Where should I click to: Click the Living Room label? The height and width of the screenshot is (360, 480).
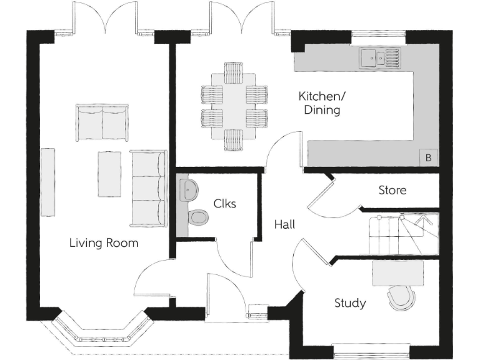(x=104, y=242)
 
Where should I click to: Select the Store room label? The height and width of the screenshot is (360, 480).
(x=392, y=190)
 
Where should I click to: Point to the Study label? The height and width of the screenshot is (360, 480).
(x=350, y=303)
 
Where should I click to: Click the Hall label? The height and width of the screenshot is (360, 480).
(x=284, y=224)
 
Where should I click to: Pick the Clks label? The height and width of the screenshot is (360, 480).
(x=225, y=203)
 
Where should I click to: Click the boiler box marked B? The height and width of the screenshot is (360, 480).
(x=428, y=157)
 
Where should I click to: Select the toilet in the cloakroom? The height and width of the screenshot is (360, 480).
(x=197, y=217)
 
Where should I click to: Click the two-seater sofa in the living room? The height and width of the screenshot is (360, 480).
(x=102, y=122)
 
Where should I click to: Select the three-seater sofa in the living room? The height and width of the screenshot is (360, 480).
(x=148, y=188)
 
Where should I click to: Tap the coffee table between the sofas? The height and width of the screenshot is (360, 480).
(x=109, y=174)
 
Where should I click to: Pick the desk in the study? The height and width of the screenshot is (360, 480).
(x=397, y=272)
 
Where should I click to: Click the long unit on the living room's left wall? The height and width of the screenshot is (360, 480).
(x=48, y=182)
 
